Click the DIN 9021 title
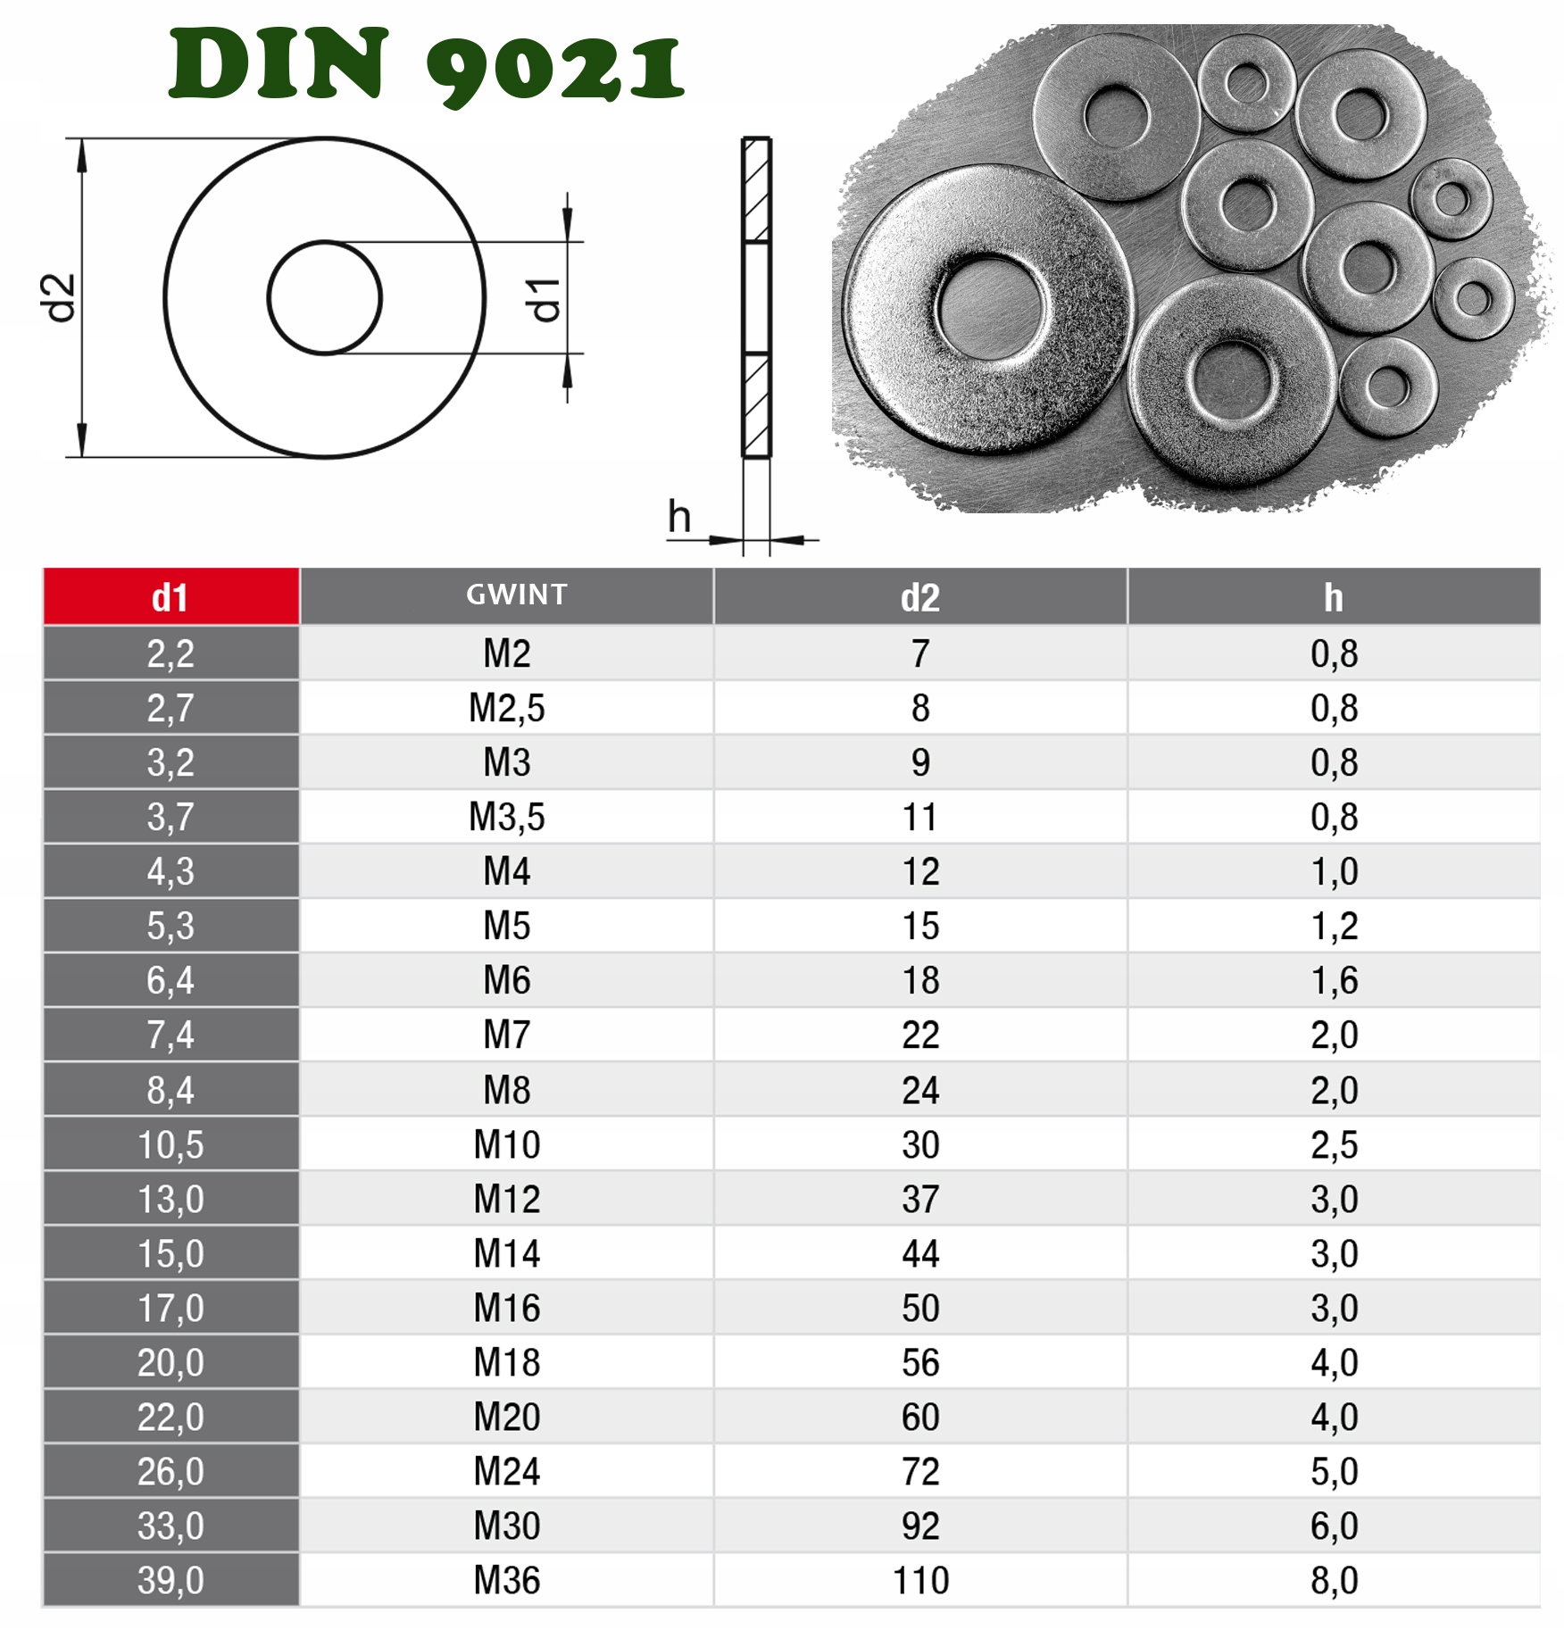pos(427,65)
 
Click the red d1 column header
pos(171,597)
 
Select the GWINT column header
pos(517,595)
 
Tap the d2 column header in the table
pos(920,597)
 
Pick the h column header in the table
pos(1334,597)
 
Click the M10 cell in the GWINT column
pos(507,1144)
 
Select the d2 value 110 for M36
pos(920,1580)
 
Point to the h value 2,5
pos(1334,1144)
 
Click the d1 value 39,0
pos(171,1580)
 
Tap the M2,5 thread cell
pos(507,708)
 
